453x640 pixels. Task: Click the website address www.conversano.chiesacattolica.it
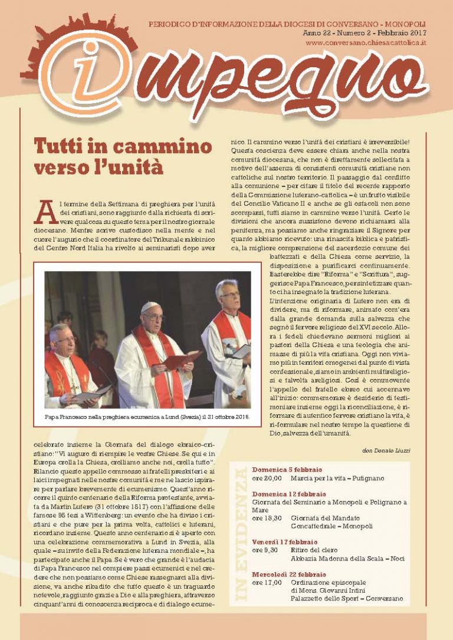(367, 43)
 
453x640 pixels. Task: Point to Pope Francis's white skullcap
(150, 306)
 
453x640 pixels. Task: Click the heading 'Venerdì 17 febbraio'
(284, 542)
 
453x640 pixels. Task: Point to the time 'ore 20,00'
(267, 478)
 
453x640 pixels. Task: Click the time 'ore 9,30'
(265, 550)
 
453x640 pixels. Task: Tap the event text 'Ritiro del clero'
(314, 550)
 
